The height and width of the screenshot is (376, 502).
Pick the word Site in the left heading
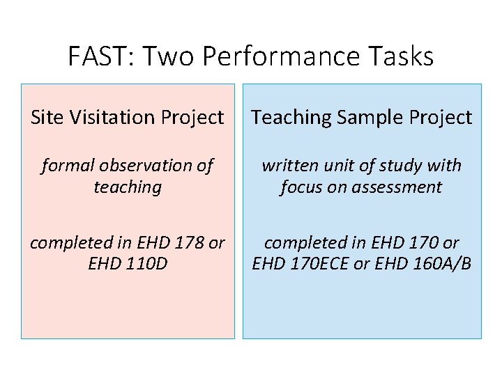[46, 118]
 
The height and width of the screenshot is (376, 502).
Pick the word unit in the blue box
[339, 166]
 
